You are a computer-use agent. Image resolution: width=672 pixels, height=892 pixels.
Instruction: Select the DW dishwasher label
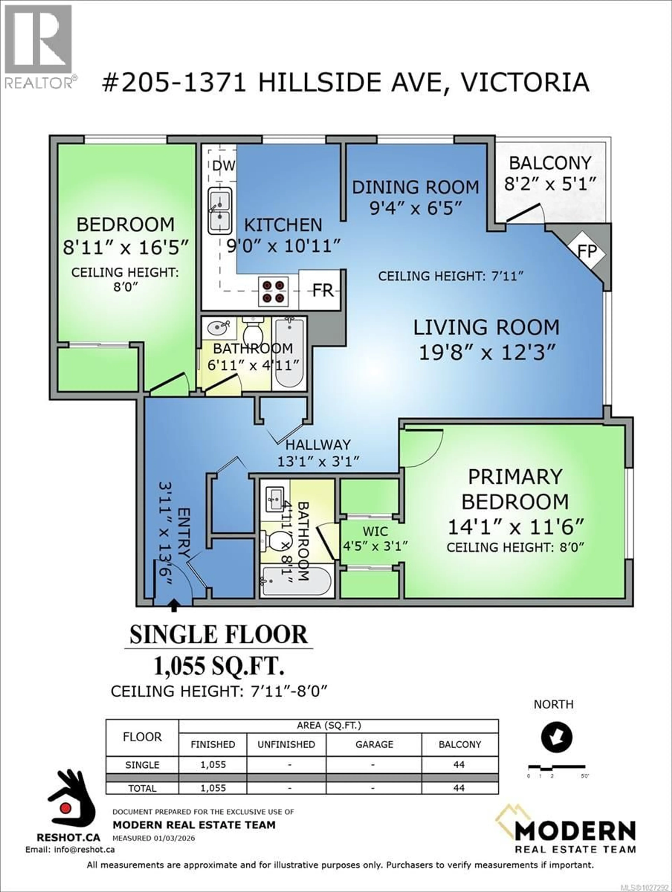tap(223, 166)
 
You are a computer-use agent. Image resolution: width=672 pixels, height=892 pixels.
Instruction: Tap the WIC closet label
tap(375, 531)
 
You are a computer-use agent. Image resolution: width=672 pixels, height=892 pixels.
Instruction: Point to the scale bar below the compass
tap(557, 766)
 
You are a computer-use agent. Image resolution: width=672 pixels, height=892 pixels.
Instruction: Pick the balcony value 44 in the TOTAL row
tap(459, 788)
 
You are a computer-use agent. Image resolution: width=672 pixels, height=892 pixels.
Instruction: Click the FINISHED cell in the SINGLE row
tap(213, 765)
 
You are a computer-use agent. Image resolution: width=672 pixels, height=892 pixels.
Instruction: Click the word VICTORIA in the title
tap(524, 83)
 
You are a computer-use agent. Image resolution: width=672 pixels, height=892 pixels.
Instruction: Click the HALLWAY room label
tap(318, 445)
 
